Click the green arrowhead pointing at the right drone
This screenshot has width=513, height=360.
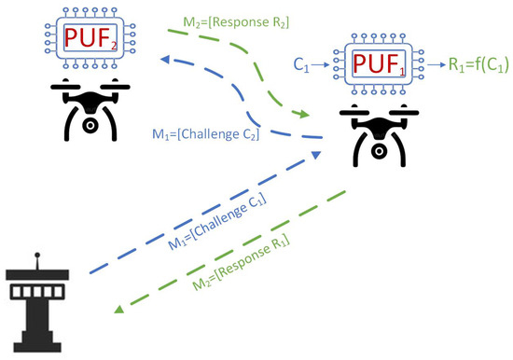304,116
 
